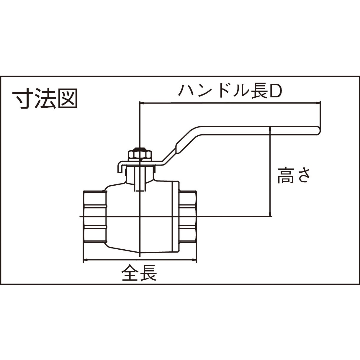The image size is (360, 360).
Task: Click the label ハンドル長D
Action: click(x=230, y=91)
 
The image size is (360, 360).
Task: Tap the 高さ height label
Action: click(x=294, y=175)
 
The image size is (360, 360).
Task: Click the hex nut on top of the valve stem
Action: click(x=140, y=153)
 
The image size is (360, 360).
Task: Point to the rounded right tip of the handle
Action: click(x=319, y=130)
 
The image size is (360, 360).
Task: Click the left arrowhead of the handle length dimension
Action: click(x=142, y=103)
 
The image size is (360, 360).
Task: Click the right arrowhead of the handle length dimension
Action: click(x=318, y=103)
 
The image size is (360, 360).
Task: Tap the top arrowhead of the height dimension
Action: click(x=270, y=129)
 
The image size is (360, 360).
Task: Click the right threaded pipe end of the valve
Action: click(x=188, y=217)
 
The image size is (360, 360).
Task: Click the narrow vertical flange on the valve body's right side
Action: click(x=176, y=217)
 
